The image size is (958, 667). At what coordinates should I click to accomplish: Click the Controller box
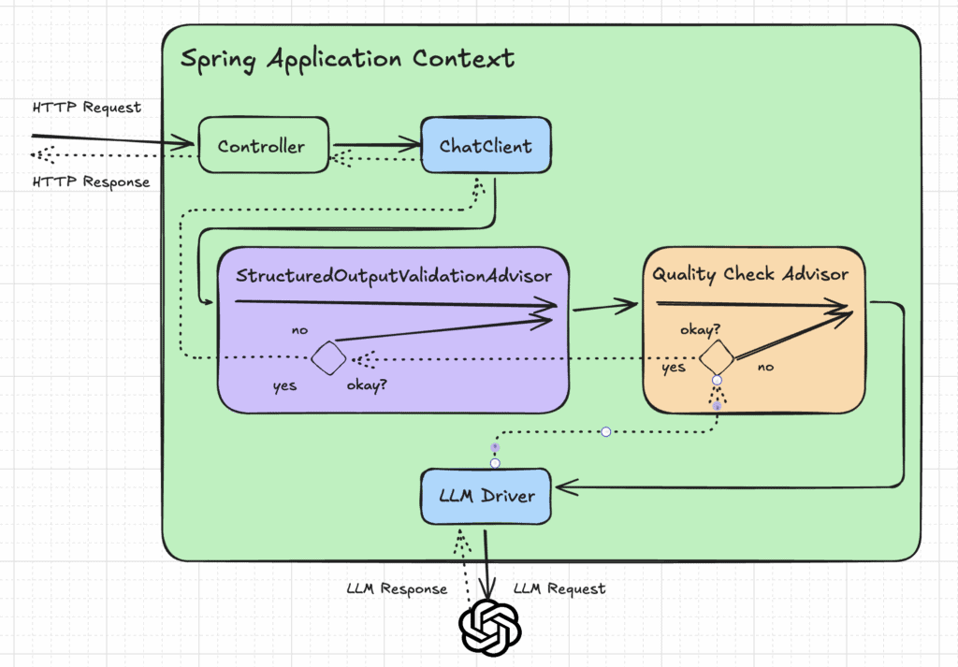point(261,146)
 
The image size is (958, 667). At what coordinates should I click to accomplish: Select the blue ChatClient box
point(486,146)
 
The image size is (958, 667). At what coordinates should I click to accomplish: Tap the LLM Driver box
point(486,496)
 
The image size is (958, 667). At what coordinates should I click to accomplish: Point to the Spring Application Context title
point(346,59)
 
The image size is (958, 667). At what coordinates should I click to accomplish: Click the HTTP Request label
point(86,108)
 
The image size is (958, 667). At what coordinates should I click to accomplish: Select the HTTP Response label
point(91,181)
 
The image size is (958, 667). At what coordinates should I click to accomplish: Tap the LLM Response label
point(396,589)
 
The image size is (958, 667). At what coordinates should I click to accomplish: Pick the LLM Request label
point(559,589)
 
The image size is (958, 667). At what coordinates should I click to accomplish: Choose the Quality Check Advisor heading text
point(750,274)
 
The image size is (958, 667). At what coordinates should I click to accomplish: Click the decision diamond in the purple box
point(327,358)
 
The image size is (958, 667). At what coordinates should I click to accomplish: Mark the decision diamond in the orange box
point(716,357)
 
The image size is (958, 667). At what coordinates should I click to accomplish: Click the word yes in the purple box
point(283,385)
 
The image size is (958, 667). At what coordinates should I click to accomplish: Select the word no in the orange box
point(765,368)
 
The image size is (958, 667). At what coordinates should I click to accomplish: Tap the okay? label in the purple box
point(369,385)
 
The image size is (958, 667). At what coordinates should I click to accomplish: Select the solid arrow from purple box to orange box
point(604,305)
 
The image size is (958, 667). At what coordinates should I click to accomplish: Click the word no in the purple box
point(300,330)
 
